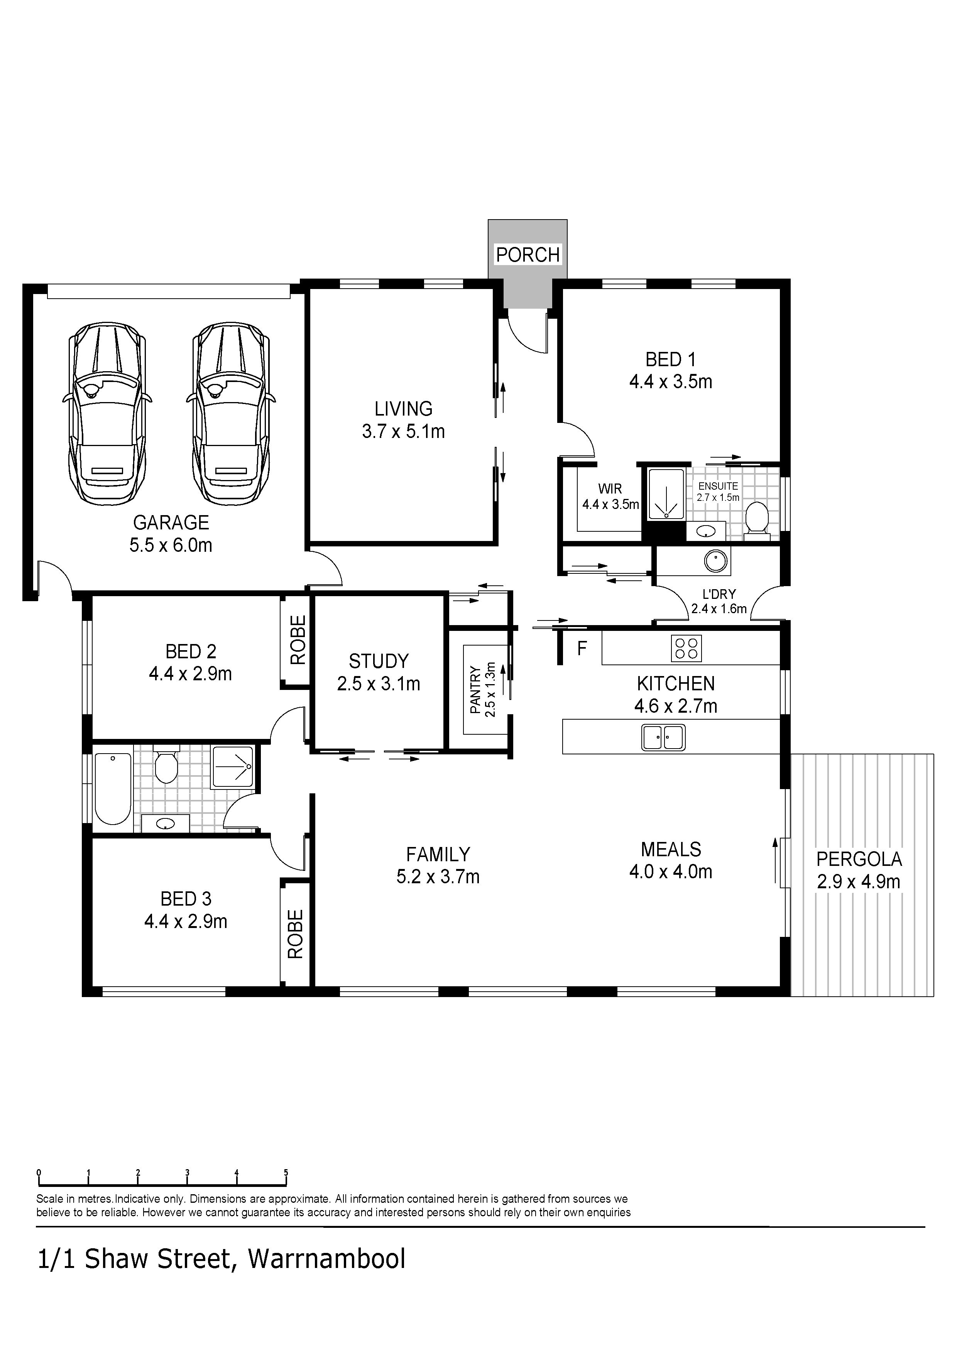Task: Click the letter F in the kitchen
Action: (x=582, y=649)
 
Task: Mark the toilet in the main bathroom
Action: (x=166, y=765)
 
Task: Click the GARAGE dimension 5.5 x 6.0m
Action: (x=171, y=545)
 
